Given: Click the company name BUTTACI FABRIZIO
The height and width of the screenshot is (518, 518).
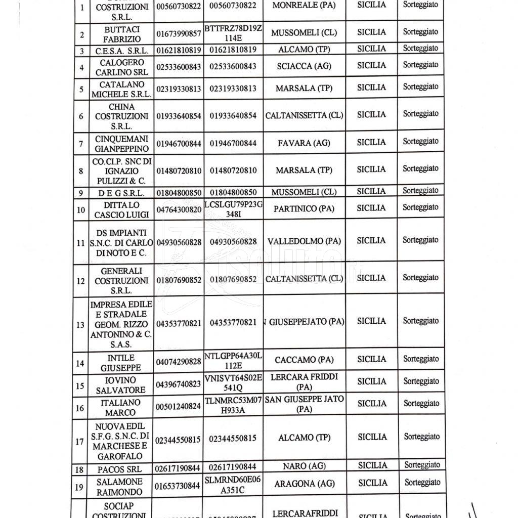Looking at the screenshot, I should [x=121, y=34].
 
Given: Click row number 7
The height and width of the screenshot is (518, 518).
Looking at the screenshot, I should [x=81, y=144].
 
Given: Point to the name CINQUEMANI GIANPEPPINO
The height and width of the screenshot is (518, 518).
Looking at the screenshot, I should [x=121, y=144].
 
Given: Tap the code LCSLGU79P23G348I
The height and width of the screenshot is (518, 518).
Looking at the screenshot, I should [x=233, y=208].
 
